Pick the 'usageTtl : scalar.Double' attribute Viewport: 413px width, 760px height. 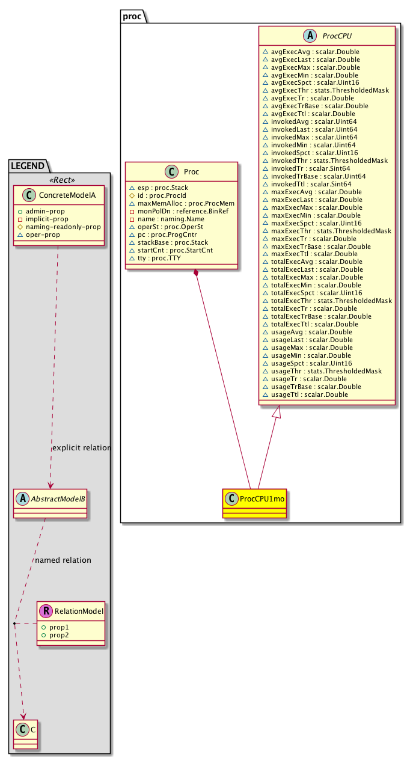[x=309, y=394]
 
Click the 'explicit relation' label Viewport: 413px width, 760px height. [x=82, y=448]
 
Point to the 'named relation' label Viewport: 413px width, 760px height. [x=63, y=560]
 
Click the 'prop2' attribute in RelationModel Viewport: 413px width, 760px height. [x=59, y=635]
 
